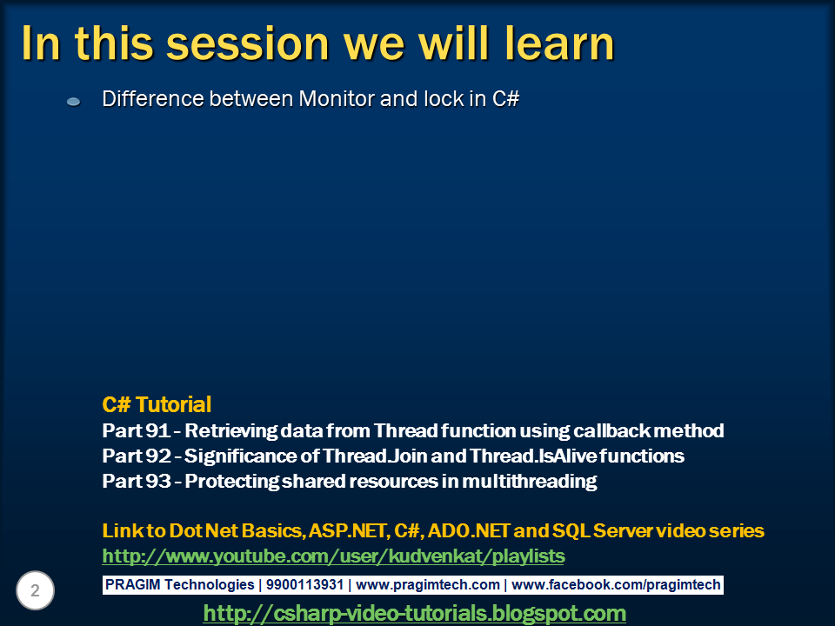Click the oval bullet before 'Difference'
[74, 102]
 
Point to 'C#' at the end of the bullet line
[505, 98]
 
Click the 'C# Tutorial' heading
[157, 404]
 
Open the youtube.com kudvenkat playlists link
[333, 556]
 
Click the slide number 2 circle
[35, 591]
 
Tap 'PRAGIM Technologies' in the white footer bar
[179, 584]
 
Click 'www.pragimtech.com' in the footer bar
[428, 584]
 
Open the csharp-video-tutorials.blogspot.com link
[414, 613]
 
